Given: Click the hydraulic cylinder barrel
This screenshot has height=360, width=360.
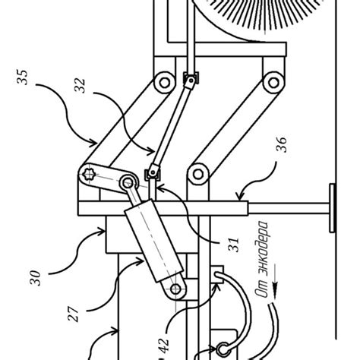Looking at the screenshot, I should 151,238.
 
